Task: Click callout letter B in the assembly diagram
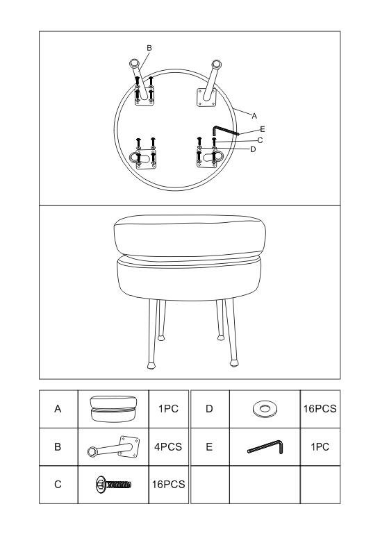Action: tap(149, 48)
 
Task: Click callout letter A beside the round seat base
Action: tap(254, 116)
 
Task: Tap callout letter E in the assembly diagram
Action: tap(263, 129)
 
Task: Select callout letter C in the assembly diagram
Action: tap(261, 140)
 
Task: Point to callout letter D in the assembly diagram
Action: tap(253, 149)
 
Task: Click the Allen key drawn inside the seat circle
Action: tap(224, 131)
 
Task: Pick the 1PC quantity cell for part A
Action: tap(168, 408)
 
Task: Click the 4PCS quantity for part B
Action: tap(168, 446)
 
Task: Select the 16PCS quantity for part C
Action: tap(168, 485)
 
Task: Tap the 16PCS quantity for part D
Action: tap(320, 408)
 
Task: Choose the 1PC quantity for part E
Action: tap(320, 446)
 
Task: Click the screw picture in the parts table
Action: tap(113, 485)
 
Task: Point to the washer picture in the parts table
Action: tap(265, 408)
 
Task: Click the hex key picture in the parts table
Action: tap(265, 446)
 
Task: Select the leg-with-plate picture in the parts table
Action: tap(113, 446)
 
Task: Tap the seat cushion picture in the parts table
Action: tap(113, 409)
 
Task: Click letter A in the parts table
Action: tap(58, 408)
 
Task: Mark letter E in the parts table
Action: tap(209, 446)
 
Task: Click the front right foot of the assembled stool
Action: tap(234, 362)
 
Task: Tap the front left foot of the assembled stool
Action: tap(151, 366)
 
